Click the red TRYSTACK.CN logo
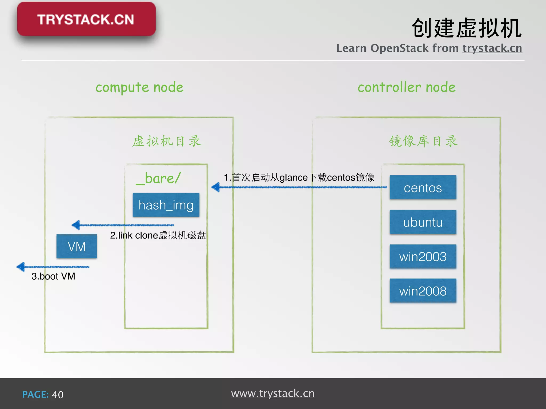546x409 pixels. click(x=86, y=19)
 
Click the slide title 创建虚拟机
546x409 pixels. click(x=466, y=28)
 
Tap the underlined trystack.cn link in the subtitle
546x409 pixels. click(x=492, y=48)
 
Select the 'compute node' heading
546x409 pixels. click(x=139, y=87)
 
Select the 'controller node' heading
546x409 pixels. click(x=407, y=87)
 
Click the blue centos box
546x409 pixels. click(x=423, y=187)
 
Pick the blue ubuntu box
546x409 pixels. click(x=423, y=222)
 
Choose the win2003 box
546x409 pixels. click(x=423, y=256)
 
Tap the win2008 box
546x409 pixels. click(x=423, y=291)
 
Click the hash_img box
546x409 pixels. click(x=166, y=205)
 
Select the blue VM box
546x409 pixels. click(x=77, y=246)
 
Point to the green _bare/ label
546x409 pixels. click(x=158, y=178)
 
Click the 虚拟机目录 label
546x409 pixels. click(x=166, y=141)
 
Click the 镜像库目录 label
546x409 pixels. click(x=423, y=141)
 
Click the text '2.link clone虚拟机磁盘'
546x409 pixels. click(x=158, y=235)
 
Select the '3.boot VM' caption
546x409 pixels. click(x=53, y=276)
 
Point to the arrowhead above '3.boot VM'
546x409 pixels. click(x=21, y=267)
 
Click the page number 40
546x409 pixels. click(x=58, y=395)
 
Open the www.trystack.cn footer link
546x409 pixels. click(x=273, y=394)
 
